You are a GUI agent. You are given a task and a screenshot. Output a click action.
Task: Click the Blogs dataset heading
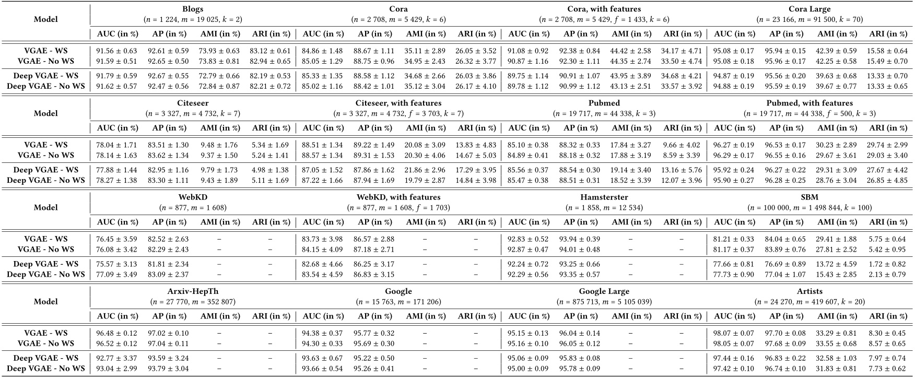[x=193, y=9]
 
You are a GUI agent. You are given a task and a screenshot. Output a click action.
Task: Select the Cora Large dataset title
[x=810, y=9]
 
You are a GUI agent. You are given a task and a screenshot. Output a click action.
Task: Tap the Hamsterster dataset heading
[x=604, y=197]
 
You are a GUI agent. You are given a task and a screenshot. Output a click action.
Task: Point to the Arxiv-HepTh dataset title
[x=193, y=291]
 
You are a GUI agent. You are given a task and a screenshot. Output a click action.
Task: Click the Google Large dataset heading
[x=604, y=291]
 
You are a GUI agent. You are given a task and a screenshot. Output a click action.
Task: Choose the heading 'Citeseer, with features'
[x=398, y=103]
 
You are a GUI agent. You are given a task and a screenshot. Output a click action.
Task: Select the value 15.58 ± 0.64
[x=888, y=51]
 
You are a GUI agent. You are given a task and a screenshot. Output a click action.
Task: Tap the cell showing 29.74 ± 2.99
[x=888, y=145]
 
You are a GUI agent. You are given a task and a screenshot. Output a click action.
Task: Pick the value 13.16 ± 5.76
[x=682, y=170]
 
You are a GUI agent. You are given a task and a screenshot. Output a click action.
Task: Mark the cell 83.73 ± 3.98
[x=323, y=239]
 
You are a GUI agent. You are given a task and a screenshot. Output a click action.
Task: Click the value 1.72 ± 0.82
[x=888, y=264]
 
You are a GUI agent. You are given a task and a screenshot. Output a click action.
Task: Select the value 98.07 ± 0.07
[x=734, y=333]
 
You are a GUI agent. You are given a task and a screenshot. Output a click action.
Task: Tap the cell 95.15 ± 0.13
[x=529, y=333]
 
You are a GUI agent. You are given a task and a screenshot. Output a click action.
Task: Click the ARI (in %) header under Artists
[x=888, y=316]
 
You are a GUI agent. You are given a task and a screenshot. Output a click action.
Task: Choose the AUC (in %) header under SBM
[x=734, y=222]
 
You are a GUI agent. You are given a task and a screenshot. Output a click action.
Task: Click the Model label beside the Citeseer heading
[x=46, y=113]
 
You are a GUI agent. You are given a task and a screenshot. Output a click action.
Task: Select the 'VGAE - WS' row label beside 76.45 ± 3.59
[x=46, y=239]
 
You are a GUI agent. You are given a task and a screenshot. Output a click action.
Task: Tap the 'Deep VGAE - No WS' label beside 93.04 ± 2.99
[x=46, y=368]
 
